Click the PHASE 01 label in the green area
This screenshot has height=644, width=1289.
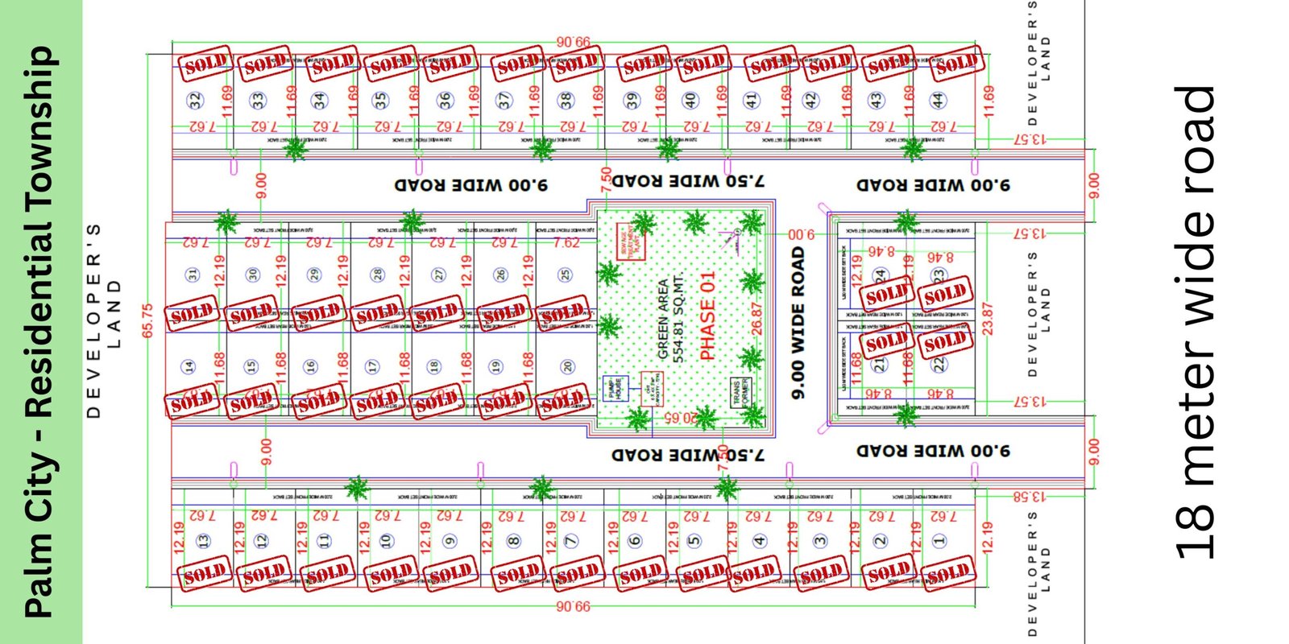[707, 316]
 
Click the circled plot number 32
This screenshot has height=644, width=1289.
[195, 101]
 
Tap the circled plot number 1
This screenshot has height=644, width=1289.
[939, 541]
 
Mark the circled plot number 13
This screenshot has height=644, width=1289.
[203, 541]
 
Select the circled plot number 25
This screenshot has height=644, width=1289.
[566, 275]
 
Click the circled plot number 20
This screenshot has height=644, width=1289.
[568, 367]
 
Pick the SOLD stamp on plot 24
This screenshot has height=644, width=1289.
[887, 295]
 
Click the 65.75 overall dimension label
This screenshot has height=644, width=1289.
[147, 320]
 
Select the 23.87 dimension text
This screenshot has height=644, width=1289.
[989, 319]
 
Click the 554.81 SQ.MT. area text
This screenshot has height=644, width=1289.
[678, 317]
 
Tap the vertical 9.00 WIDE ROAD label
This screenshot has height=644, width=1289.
[798, 322]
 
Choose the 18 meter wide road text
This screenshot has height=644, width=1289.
[1196, 322]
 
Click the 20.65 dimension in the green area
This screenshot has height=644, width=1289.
[681, 418]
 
